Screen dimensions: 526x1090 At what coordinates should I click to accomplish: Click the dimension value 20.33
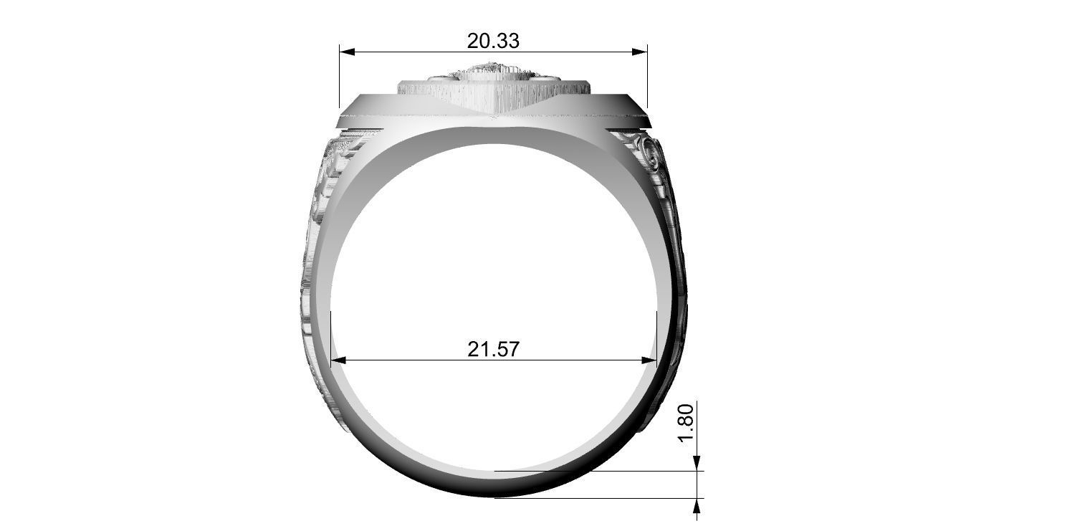(493, 41)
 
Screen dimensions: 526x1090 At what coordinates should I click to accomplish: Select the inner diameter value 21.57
(493, 349)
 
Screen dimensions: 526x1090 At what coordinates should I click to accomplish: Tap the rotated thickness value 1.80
(685, 423)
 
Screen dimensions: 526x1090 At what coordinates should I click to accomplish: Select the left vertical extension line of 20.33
(339, 79)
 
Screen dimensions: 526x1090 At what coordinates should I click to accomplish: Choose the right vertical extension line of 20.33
(647, 79)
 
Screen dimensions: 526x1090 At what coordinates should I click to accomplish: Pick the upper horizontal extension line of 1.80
(595, 471)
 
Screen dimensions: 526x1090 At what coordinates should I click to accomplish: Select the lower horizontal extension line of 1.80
(595, 497)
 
